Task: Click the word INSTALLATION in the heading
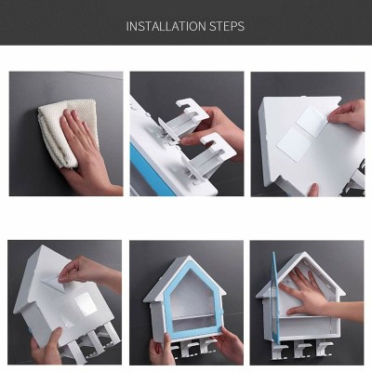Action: click(x=166, y=26)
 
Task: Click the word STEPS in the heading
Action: click(x=227, y=26)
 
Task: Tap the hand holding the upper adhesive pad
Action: click(x=347, y=114)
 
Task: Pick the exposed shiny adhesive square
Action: click(x=85, y=304)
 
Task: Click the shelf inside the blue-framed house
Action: click(x=193, y=316)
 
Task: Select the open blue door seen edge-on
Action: click(x=276, y=298)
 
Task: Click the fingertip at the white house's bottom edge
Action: click(x=313, y=189)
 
